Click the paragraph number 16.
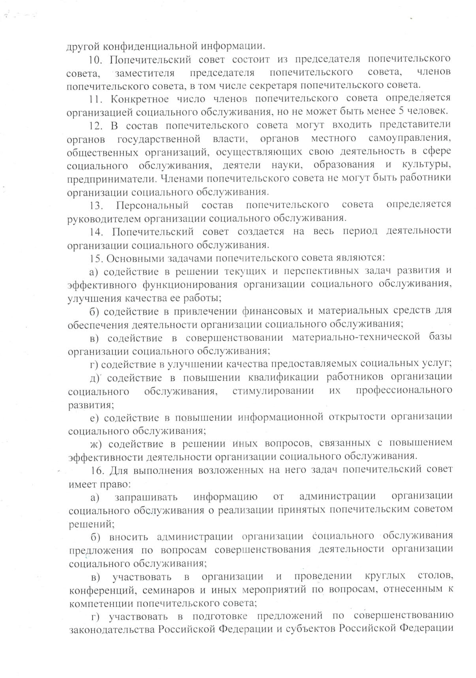click(97, 470)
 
